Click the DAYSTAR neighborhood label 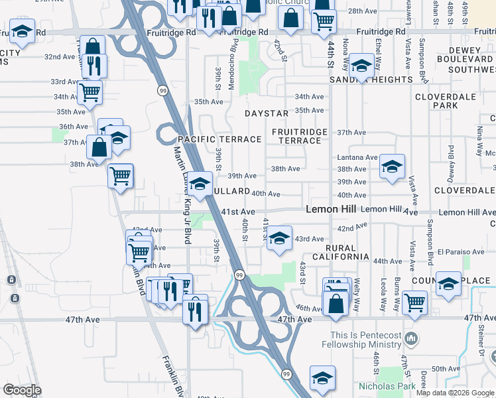pos(267,114)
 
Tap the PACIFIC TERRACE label pos(219,139)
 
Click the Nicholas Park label pos(387,386)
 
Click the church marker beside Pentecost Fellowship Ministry pos(411,339)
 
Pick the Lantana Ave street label pos(357,157)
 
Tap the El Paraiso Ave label pos(462,252)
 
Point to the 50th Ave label pos(440,369)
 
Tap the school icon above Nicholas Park pos(322,377)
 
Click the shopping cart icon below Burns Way pos(414,302)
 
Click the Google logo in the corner pos(22,390)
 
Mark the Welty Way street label pos(357,295)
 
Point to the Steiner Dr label pos(480,344)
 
